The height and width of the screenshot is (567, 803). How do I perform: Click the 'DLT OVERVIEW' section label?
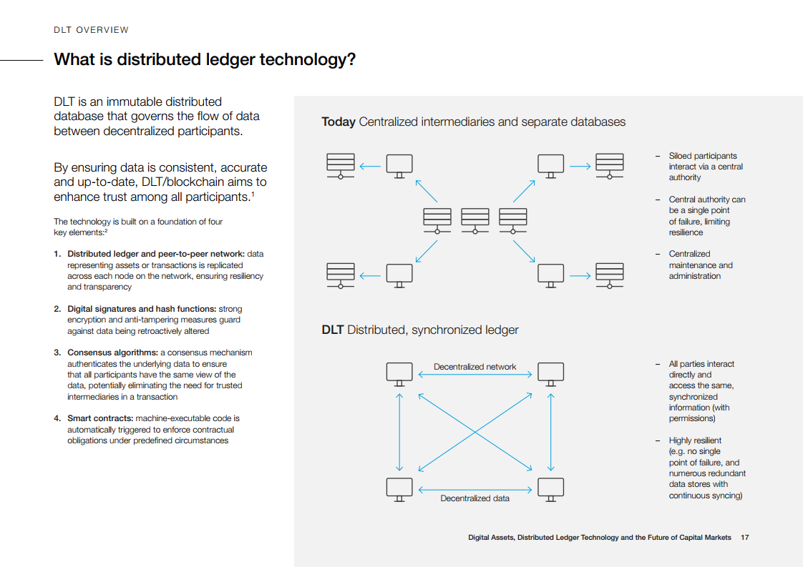[91, 30]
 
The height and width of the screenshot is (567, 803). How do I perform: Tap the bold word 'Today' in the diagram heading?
[339, 122]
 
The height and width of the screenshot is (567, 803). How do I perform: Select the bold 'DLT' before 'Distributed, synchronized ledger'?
[333, 330]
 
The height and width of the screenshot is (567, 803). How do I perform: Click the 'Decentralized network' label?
[474, 367]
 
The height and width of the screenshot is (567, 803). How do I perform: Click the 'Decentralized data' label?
[474, 498]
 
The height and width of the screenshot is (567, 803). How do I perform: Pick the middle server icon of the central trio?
[475, 219]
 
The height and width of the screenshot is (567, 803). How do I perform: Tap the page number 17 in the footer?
[745, 537]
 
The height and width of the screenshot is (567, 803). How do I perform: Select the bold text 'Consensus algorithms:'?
[112, 352]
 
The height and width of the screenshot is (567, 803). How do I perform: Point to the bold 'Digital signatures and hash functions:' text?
[142, 309]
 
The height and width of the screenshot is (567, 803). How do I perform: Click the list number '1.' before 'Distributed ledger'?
[57, 254]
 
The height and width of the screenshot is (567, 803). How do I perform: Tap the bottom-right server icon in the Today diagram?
[610, 275]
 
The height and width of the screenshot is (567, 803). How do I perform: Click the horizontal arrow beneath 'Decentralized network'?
[474, 374]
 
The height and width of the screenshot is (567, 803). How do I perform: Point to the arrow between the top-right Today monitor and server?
[580, 167]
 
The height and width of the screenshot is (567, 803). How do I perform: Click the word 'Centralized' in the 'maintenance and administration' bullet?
[689, 254]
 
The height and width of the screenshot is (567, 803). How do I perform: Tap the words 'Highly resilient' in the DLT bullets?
[695, 440]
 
